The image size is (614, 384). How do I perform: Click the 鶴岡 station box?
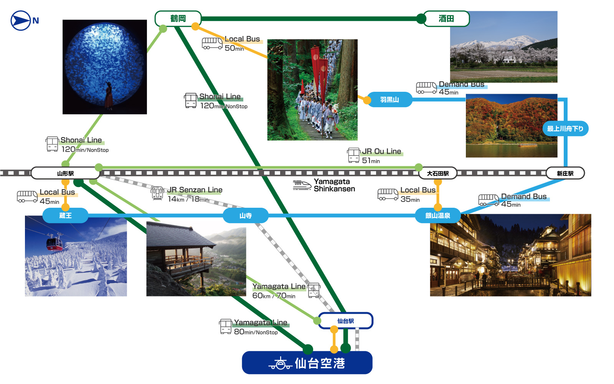point(178,18)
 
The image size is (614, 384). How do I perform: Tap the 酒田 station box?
point(446,18)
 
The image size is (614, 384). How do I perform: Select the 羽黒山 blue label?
point(390,99)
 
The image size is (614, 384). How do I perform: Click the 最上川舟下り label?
point(565,129)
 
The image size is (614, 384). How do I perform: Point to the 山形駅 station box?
point(65,173)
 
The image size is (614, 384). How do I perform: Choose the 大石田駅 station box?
point(438,173)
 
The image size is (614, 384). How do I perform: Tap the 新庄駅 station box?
point(565,173)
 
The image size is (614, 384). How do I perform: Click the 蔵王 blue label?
point(65,215)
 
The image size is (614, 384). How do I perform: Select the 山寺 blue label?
point(246,215)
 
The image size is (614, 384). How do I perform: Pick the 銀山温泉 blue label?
point(437,215)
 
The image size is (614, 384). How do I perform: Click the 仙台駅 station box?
point(345,321)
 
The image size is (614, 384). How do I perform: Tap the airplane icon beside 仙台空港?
point(281,363)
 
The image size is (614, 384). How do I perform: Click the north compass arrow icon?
point(20,20)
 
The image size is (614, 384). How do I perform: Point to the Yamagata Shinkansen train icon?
point(302,185)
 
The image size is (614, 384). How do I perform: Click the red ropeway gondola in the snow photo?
point(54,242)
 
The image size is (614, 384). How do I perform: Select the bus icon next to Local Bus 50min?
point(212,43)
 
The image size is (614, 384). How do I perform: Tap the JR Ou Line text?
point(381,151)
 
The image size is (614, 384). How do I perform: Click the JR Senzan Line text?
point(195,190)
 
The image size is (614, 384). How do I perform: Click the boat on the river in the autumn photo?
point(527,145)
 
